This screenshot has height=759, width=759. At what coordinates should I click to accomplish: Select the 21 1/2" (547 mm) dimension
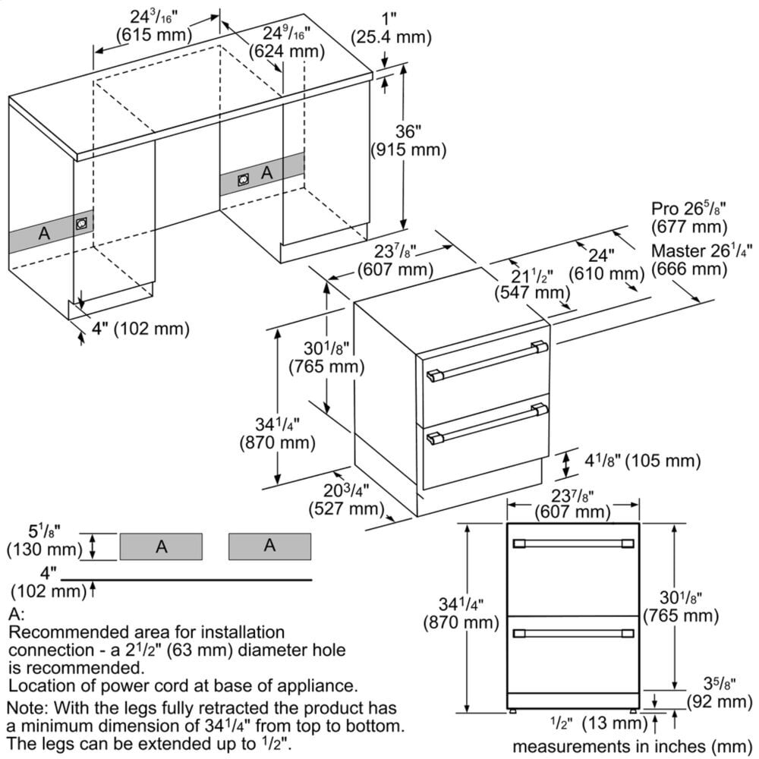(x=531, y=283)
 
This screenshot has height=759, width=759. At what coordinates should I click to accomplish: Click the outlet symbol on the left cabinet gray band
(x=81, y=225)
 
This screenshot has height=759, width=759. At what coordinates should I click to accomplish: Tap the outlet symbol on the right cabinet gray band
(x=244, y=179)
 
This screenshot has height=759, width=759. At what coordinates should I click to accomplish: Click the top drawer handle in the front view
(x=574, y=543)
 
